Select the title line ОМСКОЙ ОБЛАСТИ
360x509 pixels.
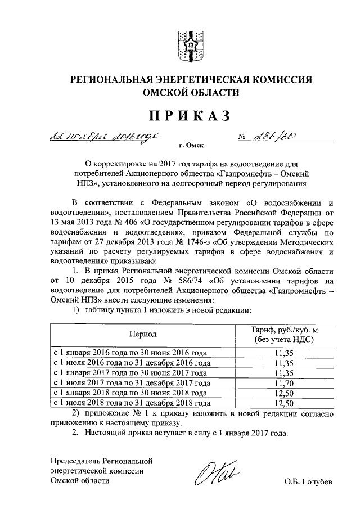pyautogui.click(x=191, y=93)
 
